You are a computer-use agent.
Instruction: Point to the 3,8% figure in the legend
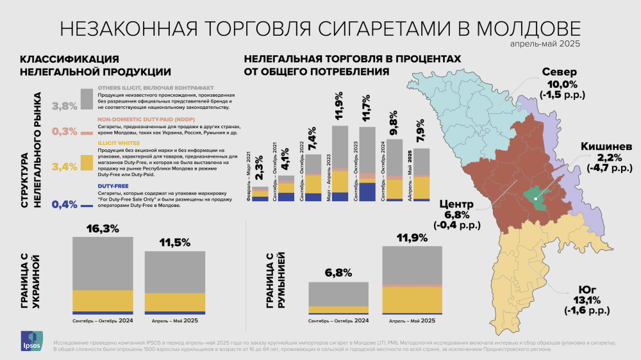point(64,105)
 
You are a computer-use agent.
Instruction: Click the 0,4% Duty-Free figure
point(64,205)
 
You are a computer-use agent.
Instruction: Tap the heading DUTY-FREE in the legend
point(113,185)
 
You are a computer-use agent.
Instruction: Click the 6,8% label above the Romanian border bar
point(338,272)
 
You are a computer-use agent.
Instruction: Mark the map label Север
point(560,71)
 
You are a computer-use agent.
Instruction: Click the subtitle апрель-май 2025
point(545,44)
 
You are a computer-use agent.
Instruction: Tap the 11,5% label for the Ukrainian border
point(174,243)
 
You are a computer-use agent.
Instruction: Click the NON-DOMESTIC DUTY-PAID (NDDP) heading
point(146,119)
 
